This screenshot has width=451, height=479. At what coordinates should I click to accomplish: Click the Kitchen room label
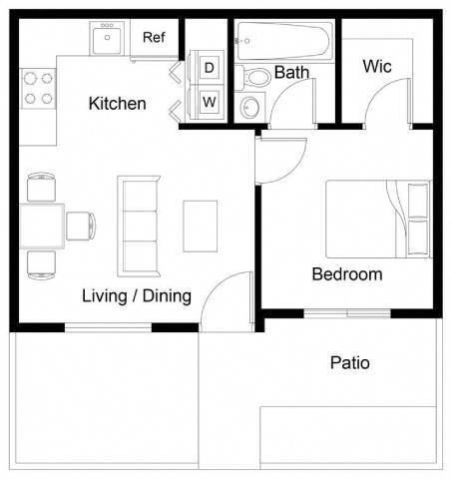coord(117,104)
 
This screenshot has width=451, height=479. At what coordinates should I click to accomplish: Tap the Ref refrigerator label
coord(153,38)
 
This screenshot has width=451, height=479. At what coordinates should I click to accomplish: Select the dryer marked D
coord(210,68)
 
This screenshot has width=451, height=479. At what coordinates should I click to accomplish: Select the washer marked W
coord(210,102)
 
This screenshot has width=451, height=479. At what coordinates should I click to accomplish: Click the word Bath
coord(291,72)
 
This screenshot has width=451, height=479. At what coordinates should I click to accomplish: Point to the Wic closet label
coord(376,67)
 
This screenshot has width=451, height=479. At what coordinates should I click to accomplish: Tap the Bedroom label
coord(346,274)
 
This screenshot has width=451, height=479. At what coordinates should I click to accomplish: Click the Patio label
coord(349,362)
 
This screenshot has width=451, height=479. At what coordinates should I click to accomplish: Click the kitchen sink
coord(106,40)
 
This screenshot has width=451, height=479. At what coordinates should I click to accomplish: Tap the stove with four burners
coord(38,87)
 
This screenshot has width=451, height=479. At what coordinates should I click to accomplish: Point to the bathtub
coord(283,40)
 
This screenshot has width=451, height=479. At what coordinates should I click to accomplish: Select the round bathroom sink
coord(249,107)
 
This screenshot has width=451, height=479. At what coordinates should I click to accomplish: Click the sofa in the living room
coord(138,226)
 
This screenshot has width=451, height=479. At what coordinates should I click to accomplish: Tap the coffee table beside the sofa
coord(201,227)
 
